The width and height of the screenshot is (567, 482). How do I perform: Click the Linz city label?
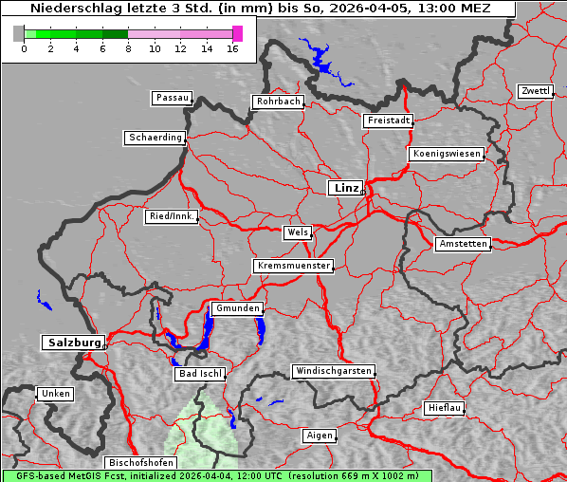point(345,188)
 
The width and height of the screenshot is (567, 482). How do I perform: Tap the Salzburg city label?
point(72,343)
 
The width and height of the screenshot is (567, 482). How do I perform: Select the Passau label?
point(172,98)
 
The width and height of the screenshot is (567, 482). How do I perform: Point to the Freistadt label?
point(388,120)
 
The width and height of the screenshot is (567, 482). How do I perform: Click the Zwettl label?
point(535,91)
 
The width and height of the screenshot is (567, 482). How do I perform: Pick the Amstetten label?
point(462,244)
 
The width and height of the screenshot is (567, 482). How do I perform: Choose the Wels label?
point(297,232)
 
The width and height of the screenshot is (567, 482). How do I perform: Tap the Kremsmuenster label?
point(293,266)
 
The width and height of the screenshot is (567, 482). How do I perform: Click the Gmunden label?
point(236,308)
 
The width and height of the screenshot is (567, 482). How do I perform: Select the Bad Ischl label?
point(199,374)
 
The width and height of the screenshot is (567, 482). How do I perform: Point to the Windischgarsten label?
point(332,371)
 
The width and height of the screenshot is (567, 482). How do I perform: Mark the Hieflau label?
point(445,408)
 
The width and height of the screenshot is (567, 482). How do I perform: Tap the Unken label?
point(55,393)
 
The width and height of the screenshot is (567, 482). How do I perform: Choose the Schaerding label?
point(155,138)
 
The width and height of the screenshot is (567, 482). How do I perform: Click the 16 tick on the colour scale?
point(231,48)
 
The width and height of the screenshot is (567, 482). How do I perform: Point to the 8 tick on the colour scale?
point(128,48)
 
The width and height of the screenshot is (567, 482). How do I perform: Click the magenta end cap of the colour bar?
point(237,33)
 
